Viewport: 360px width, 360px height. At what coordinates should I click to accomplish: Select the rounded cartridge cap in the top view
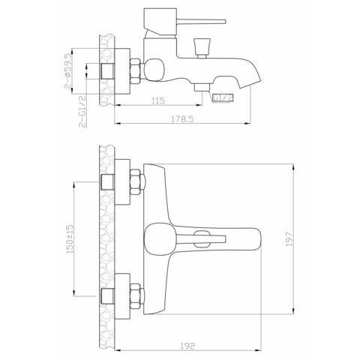coord(157,241)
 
